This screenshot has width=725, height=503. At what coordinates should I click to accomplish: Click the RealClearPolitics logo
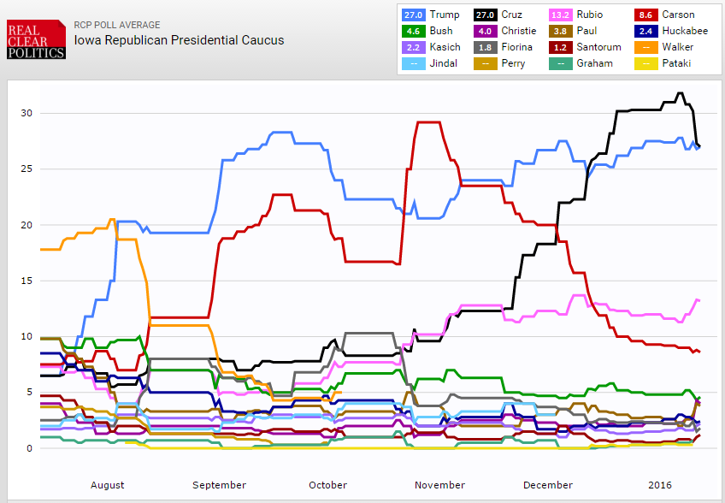[x=36, y=40]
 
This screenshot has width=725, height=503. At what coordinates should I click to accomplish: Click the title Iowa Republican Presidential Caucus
[x=179, y=40]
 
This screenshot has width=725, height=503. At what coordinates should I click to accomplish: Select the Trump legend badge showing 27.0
[x=413, y=15]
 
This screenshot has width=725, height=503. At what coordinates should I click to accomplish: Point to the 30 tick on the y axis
[x=27, y=113]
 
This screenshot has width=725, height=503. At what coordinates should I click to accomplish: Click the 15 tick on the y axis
[x=27, y=281]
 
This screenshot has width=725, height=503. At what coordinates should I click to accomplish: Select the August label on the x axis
[x=107, y=485]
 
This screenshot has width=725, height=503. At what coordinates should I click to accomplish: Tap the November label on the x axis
[x=439, y=485]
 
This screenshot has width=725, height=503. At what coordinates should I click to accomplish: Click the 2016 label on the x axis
[x=660, y=485]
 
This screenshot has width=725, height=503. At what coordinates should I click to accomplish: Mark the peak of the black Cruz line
[x=680, y=93]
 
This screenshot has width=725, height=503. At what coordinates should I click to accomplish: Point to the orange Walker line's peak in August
[x=112, y=220]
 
